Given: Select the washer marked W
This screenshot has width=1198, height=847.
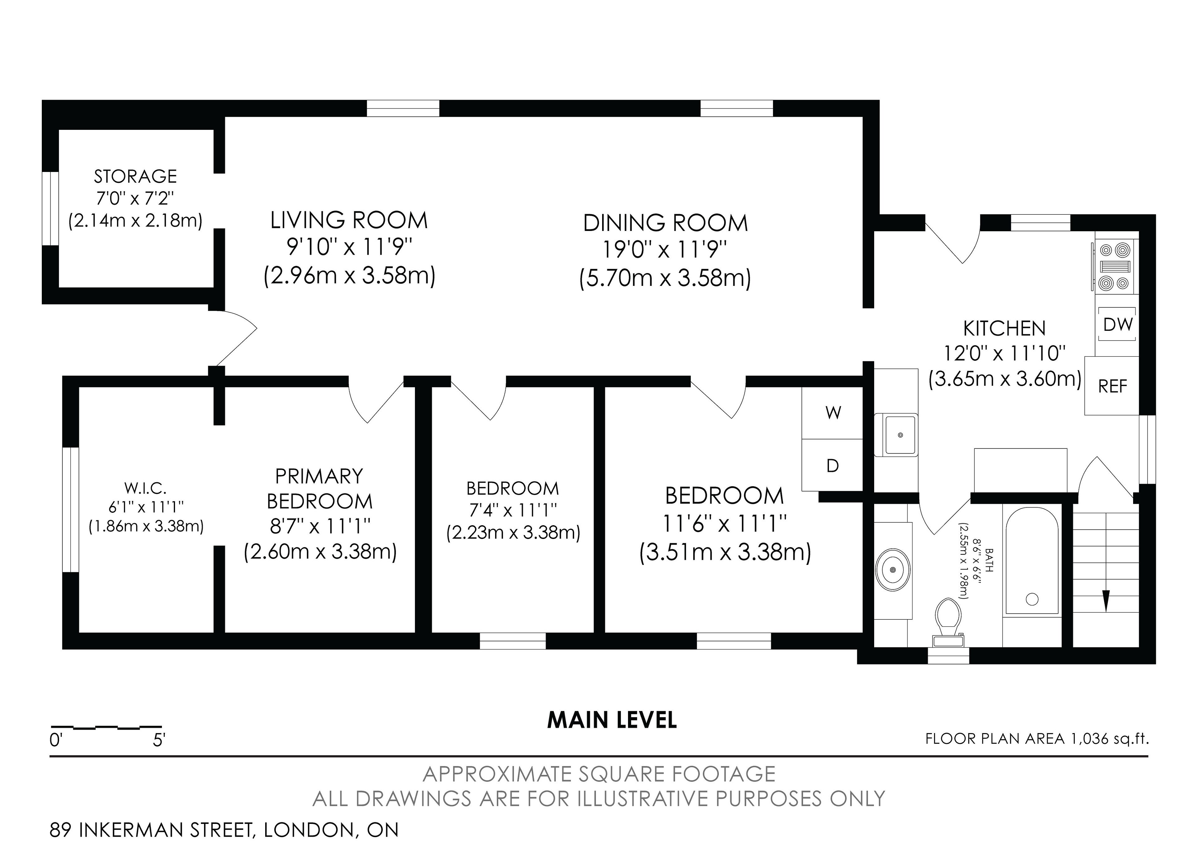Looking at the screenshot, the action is click(x=833, y=413).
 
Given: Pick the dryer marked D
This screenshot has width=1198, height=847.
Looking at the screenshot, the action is click(x=833, y=465).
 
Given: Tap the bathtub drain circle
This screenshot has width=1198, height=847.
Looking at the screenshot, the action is click(x=1032, y=599).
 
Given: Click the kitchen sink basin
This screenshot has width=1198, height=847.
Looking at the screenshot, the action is click(x=900, y=434).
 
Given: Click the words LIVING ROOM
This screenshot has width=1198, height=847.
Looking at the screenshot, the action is click(x=349, y=220).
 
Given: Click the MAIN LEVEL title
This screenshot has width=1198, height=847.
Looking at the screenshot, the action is click(x=612, y=720).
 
